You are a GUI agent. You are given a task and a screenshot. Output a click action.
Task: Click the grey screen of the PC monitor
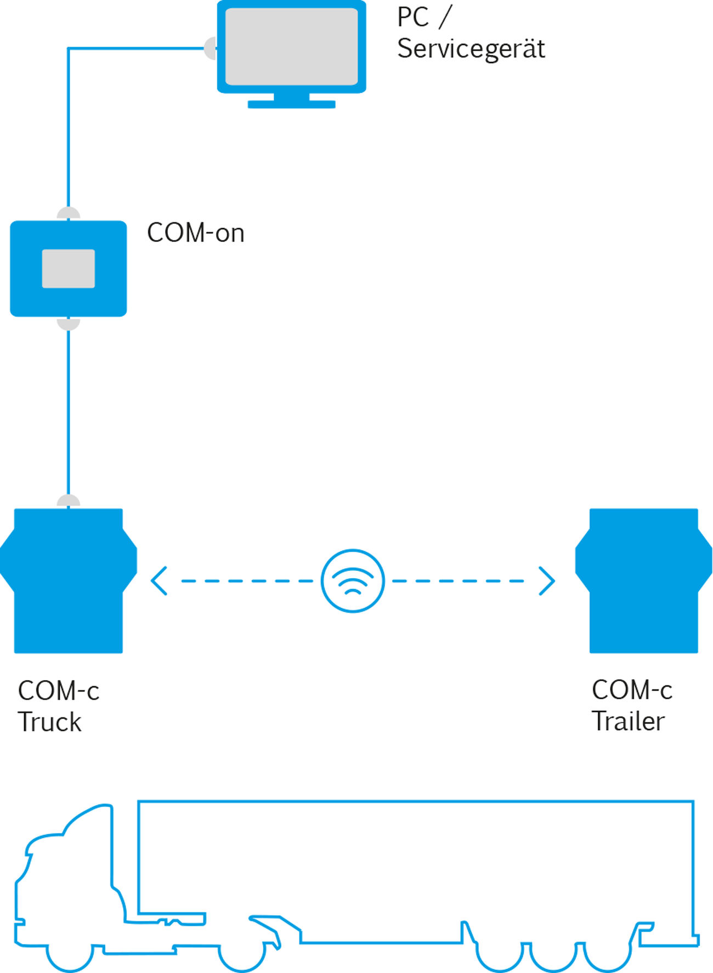(x=291, y=47)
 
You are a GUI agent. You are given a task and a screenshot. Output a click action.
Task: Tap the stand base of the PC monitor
(x=291, y=104)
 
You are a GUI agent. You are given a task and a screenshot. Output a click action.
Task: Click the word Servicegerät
(x=471, y=49)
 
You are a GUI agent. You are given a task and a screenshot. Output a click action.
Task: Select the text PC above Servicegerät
(x=413, y=18)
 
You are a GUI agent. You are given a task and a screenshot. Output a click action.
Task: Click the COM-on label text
(x=195, y=233)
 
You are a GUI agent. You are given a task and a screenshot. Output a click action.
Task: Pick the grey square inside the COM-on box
(x=69, y=269)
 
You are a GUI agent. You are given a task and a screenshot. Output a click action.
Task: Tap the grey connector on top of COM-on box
(x=69, y=214)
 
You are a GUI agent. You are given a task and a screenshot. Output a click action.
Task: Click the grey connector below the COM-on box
(x=69, y=324)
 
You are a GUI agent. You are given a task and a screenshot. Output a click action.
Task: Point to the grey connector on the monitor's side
(x=210, y=48)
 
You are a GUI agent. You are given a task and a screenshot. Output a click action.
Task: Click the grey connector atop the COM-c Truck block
(x=69, y=501)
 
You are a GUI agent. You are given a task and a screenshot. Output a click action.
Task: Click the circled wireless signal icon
(x=352, y=581)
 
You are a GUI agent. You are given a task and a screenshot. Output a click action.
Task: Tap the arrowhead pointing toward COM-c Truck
(x=159, y=581)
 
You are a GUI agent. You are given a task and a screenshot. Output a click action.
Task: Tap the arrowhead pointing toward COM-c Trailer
(x=547, y=581)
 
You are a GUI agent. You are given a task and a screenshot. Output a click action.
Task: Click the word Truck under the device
(x=49, y=722)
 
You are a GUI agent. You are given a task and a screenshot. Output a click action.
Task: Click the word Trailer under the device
(x=628, y=721)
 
